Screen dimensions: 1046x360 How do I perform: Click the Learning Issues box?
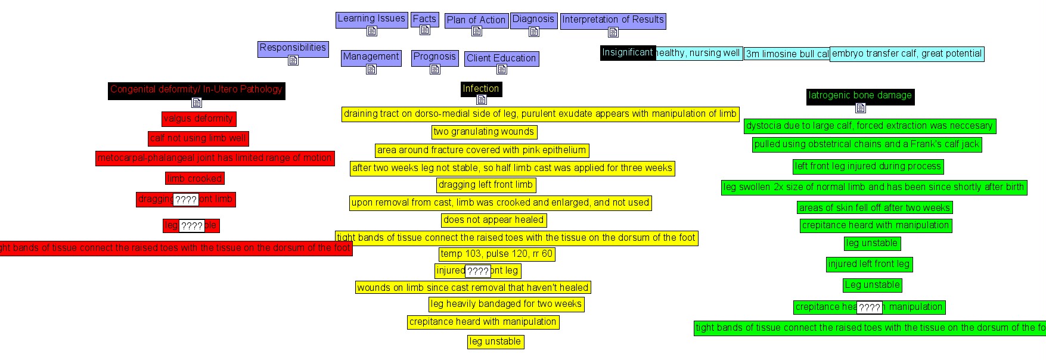pyautogui.click(x=371, y=19)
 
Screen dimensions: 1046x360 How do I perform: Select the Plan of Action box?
pyautogui.click(x=476, y=20)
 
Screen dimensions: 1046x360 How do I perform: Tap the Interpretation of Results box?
pyautogui.click(x=613, y=20)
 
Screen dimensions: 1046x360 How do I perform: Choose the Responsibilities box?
pyautogui.click(x=293, y=48)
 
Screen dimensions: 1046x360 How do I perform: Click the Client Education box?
pyautogui.click(x=501, y=58)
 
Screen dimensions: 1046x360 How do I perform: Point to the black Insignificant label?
pyautogui.click(x=628, y=52)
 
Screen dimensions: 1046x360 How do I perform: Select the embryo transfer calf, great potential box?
pyautogui.click(x=907, y=54)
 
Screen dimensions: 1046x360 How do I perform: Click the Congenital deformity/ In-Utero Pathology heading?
pyautogui.click(x=196, y=89)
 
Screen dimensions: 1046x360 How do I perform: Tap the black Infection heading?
pyautogui.click(x=481, y=89)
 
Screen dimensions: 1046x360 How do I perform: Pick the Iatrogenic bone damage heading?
pyautogui.click(x=860, y=95)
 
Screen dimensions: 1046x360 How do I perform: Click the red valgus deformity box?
pyautogui.click(x=198, y=119)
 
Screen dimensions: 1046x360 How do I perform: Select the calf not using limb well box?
pyautogui.click(x=198, y=138)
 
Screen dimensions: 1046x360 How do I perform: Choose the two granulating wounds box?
pyautogui.click(x=484, y=132)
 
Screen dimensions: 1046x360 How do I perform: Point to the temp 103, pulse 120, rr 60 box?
pyautogui.click(x=496, y=254)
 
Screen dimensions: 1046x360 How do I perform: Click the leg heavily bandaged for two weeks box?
pyautogui.click(x=506, y=304)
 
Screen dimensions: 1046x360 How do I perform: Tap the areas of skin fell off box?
pyautogui.click(x=874, y=207)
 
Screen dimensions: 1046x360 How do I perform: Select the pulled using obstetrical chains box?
pyautogui.click(x=867, y=144)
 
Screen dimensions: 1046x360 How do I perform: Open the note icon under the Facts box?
pyautogui.click(x=424, y=30)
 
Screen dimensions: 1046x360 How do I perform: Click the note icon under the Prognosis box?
pyautogui.click(x=435, y=69)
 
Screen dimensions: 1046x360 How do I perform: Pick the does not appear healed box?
pyautogui.click(x=493, y=220)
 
